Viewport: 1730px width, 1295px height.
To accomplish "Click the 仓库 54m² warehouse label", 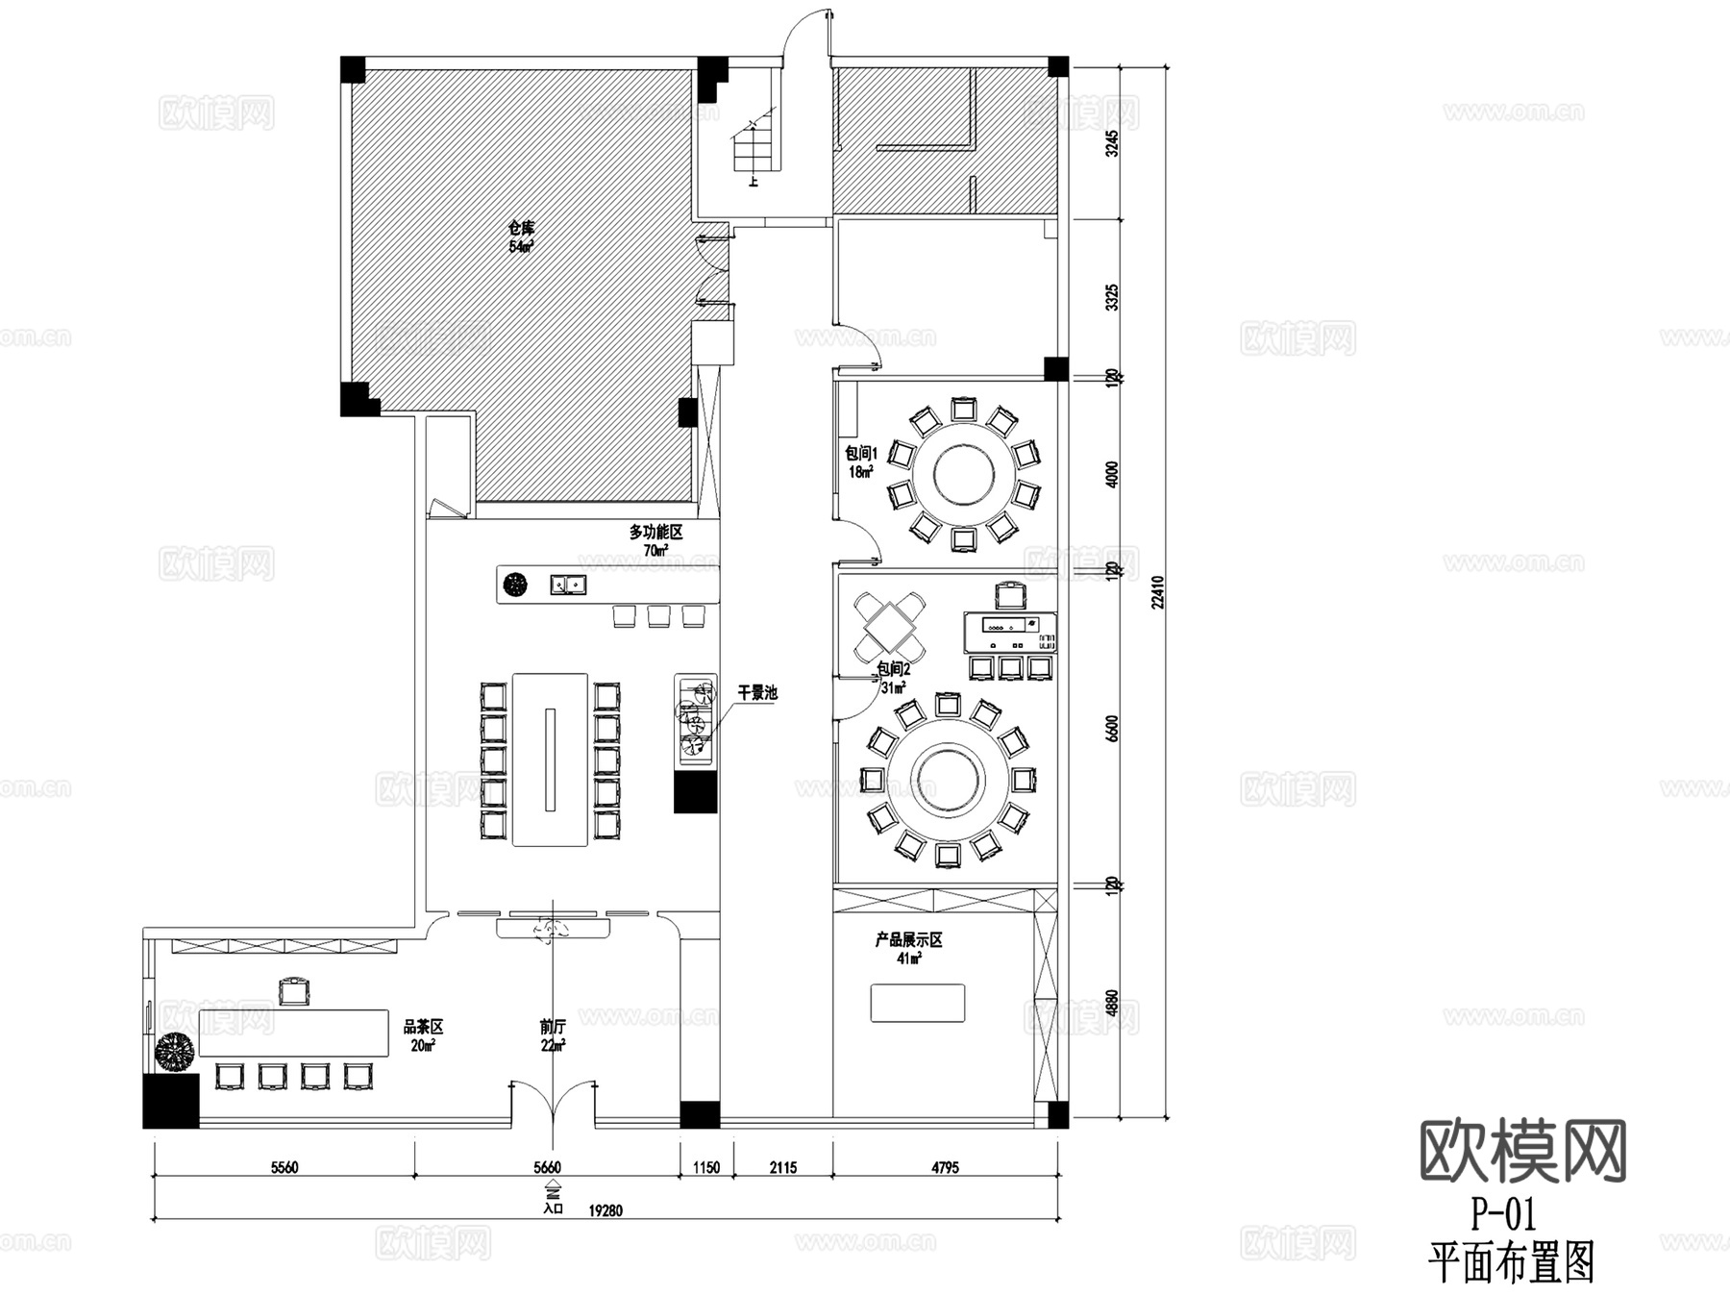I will (521, 237).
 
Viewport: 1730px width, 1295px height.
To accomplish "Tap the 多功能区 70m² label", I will (655, 540).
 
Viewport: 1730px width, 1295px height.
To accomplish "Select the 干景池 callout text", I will (757, 692).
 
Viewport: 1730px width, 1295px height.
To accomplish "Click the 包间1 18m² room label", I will (861, 461).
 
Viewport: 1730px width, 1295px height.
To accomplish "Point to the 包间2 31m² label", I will (893, 678).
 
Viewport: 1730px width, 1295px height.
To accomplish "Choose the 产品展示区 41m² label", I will (908, 948).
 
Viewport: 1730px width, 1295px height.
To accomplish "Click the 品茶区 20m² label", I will (423, 1035).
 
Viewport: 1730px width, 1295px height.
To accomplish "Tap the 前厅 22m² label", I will (553, 1035).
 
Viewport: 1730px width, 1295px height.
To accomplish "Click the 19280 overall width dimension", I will (605, 1210).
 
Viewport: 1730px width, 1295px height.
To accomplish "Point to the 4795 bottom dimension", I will (945, 1167).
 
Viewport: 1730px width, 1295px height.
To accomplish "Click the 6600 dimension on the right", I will (1112, 728).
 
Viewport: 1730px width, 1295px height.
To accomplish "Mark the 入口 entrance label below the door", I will (553, 1208).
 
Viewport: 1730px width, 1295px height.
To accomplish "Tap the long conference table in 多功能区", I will (550, 760).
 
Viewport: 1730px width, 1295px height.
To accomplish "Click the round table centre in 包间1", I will (961, 474).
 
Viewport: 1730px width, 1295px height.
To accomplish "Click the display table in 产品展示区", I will (918, 1003).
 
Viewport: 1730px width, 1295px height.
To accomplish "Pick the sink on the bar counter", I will (568, 584).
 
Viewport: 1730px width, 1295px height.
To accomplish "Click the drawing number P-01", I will (1503, 1215).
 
